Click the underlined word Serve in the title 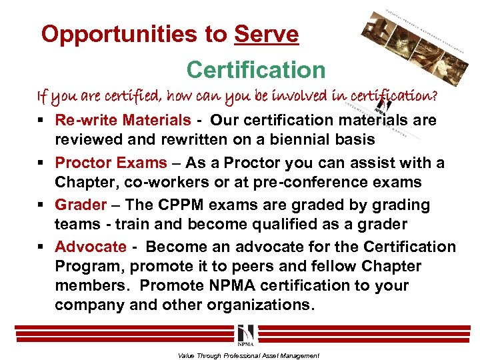click(x=267, y=34)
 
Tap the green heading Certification click(x=256, y=69)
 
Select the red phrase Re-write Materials click(x=123, y=120)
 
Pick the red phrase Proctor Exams click(x=111, y=163)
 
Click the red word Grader click(x=81, y=205)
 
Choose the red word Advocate click(x=91, y=247)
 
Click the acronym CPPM click(x=199, y=205)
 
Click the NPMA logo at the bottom click(x=245, y=333)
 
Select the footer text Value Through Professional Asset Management click(x=249, y=355)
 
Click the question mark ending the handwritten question click(x=435, y=96)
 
